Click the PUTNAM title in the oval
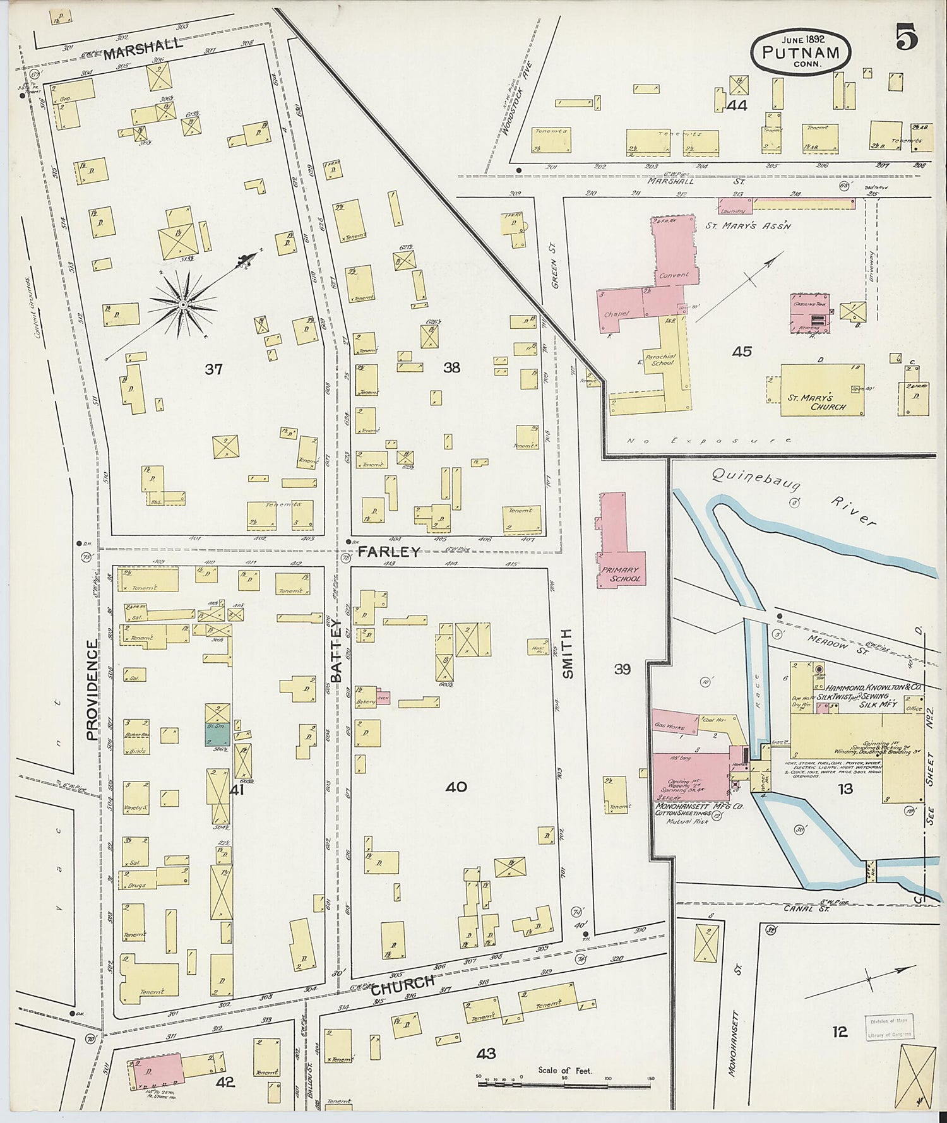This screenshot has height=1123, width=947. [x=801, y=53]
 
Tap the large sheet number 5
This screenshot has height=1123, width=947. [x=906, y=39]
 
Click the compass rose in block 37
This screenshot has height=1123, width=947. [x=183, y=304]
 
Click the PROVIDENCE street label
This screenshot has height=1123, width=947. [x=92, y=689]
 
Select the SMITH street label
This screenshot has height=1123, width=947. [x=568, y=653]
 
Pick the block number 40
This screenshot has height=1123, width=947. [x=456, y=787]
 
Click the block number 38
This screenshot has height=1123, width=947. [x=451, y=367]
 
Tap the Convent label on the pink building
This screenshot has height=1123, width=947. [x=674, y=275]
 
